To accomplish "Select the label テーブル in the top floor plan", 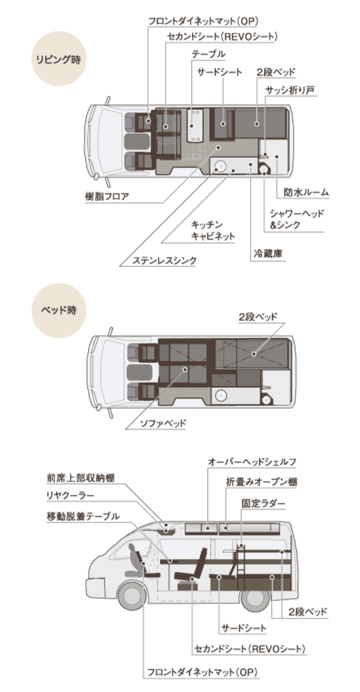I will tap(208, 55).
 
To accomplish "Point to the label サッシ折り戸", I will tap(289, 90).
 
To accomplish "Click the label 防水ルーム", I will tap(306, 193).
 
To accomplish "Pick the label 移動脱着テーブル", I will tap(81, 517).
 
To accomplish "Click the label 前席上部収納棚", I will tap(80, 478).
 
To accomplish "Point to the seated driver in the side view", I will tap(135, 557).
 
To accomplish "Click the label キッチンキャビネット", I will tap(212, 231).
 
